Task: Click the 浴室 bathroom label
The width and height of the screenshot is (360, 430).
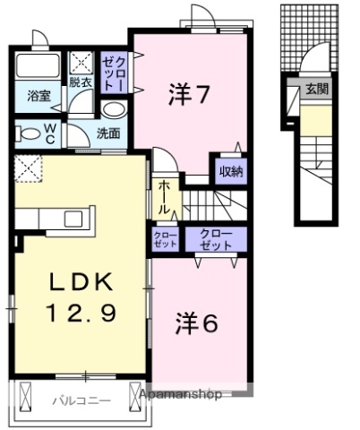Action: coord(38,94)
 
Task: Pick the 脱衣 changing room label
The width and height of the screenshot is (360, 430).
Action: coord(82,80)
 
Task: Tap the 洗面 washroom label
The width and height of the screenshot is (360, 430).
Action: coord(108,133)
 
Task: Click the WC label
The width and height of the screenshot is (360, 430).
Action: coord(51,133)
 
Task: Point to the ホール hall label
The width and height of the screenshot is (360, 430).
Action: coord(166,196)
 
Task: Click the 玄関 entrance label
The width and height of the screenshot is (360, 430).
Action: coord(315,89)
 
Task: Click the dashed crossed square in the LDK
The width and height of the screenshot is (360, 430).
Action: coord(27,168)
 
